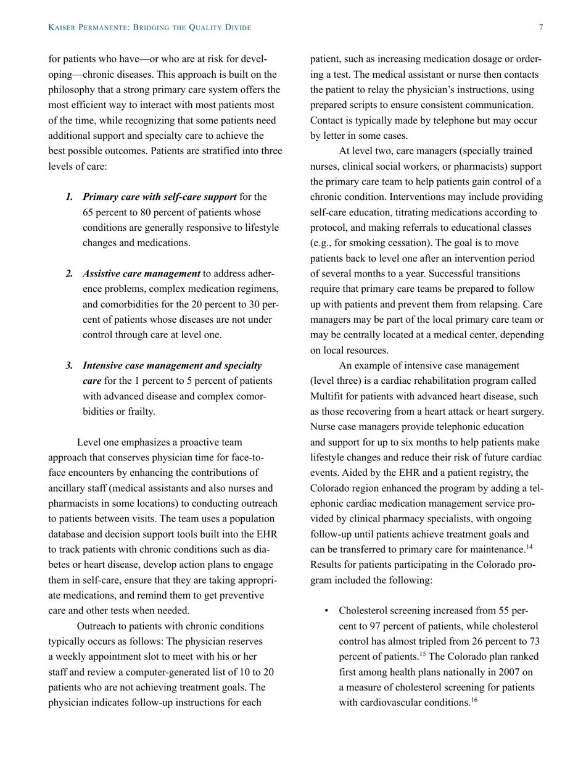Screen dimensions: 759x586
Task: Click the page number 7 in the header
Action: [541, 28]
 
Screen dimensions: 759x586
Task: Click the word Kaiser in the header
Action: [63, 28]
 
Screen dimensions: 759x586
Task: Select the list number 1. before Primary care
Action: [70, 197]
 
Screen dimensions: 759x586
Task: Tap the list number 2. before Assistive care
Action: [70, 273]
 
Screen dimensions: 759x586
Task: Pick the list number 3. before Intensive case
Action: [70, 366]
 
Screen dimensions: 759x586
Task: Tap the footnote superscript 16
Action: [474, 700]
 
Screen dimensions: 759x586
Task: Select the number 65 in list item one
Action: [88, 212]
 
